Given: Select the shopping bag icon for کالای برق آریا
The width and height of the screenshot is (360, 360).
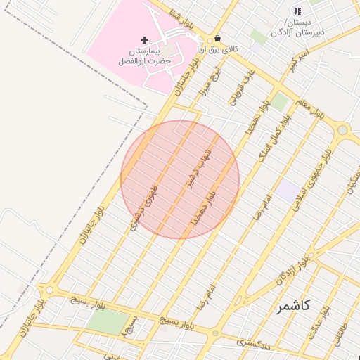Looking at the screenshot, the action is tap(217, 39).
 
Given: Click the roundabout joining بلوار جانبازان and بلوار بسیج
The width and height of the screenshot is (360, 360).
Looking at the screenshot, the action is tap(49, 289).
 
